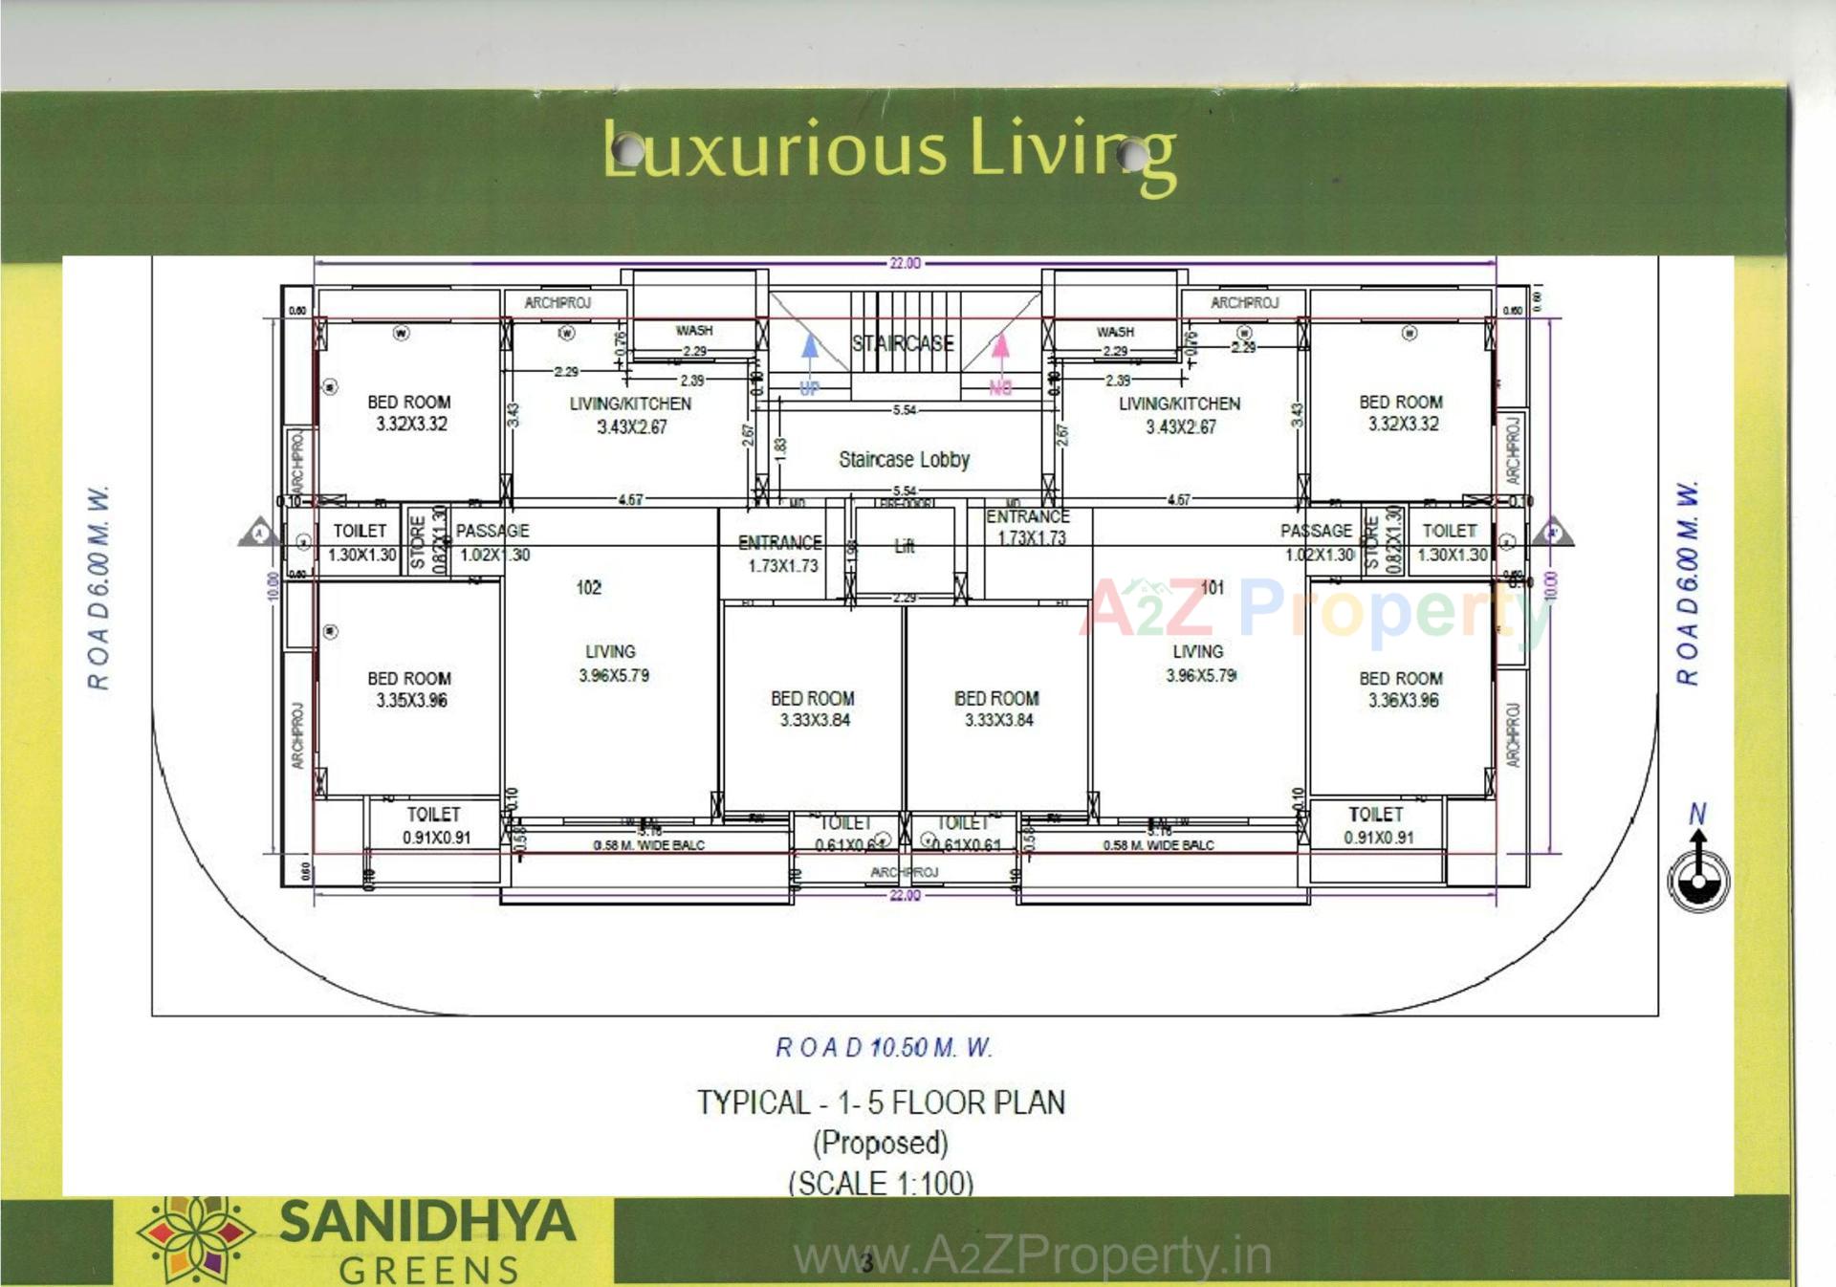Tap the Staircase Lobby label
coord(904,460)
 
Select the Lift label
coord(905,546)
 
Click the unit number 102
coord(589,587)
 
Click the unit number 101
coord(1212,587)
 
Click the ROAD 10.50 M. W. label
coord(884,1048)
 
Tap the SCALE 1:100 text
coord(881,1184)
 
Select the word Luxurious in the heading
coord(775,150)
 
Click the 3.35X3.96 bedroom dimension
coord(411,701)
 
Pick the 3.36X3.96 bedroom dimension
coord(1403,701)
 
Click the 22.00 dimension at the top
coord(905,263)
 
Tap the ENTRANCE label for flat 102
coord(779,542)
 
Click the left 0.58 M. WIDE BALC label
coord(648,845)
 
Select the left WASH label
coord(694,331)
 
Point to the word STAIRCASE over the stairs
coord(903,343)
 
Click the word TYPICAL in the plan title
coord(754,1102)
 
